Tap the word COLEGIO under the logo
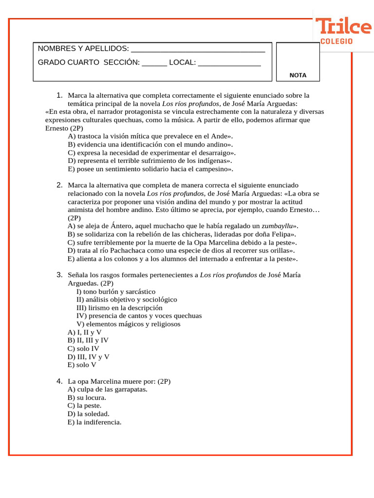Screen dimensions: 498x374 [x=336, y=42]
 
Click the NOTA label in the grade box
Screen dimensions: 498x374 [x=298, y=75]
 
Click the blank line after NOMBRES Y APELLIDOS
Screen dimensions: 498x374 [x=198, y=50]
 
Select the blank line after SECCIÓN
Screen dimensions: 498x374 [x=154, y=63]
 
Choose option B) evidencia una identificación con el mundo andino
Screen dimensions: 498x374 [x=150, y=144]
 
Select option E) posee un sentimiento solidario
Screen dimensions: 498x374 [x=150, y=169]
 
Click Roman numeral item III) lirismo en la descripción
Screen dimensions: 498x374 [x=119, y=308]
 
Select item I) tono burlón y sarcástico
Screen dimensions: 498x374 [x=116, y=291]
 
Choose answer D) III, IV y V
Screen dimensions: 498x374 [x=88, y=357]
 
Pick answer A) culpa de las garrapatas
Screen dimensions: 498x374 [x=107, y=389]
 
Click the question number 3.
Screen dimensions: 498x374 [x=59, y=275]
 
